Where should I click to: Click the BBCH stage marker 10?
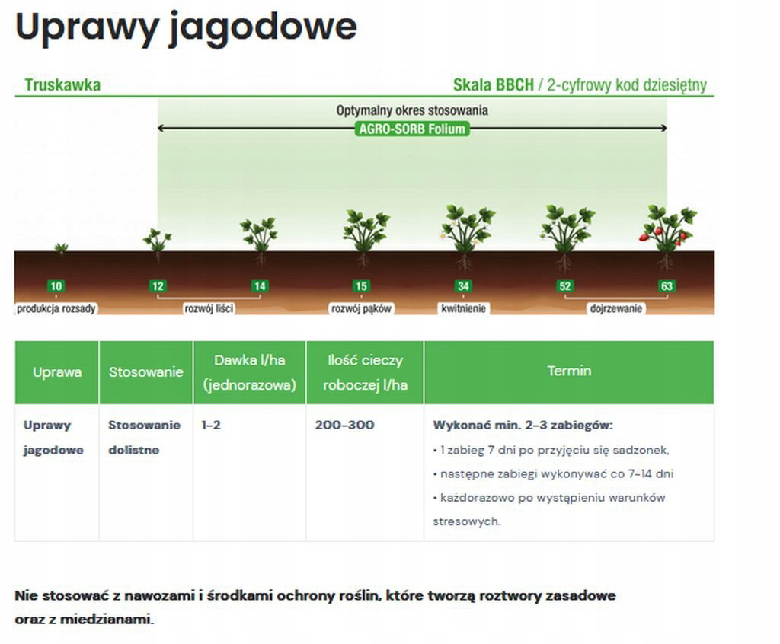56,286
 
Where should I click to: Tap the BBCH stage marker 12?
158,286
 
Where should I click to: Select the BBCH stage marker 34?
463,286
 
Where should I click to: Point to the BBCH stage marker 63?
667,286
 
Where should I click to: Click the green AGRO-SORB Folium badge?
412,129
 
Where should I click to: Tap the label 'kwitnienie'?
463,309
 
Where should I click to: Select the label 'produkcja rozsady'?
56,309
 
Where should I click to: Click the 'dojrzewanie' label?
615,309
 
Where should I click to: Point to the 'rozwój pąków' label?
361,309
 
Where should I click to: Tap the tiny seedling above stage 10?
61,247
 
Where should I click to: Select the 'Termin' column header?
569,371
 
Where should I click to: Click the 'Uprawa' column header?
56,372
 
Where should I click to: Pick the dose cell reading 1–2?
211,426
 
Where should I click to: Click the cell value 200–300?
344,426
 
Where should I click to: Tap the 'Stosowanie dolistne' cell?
144,438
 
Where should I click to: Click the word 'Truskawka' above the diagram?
62,85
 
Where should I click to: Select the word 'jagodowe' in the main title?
262,28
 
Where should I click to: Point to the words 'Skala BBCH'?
493,85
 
